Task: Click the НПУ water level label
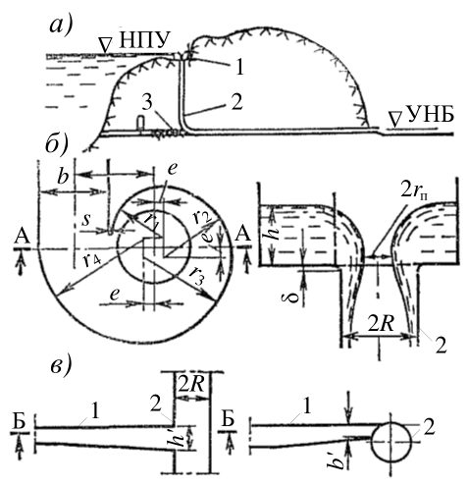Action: pos(145,41)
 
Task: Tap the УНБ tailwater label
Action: pos(430,116)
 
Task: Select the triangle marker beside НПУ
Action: pos(105,45)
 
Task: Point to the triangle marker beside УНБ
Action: pos(395,119)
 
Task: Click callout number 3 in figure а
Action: pos(147,103)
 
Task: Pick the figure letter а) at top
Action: pos(61,27)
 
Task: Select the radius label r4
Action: pos(88,261)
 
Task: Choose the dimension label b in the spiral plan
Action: pos(63,177)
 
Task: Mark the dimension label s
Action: pos(86,220)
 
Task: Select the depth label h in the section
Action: pos(276,231)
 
